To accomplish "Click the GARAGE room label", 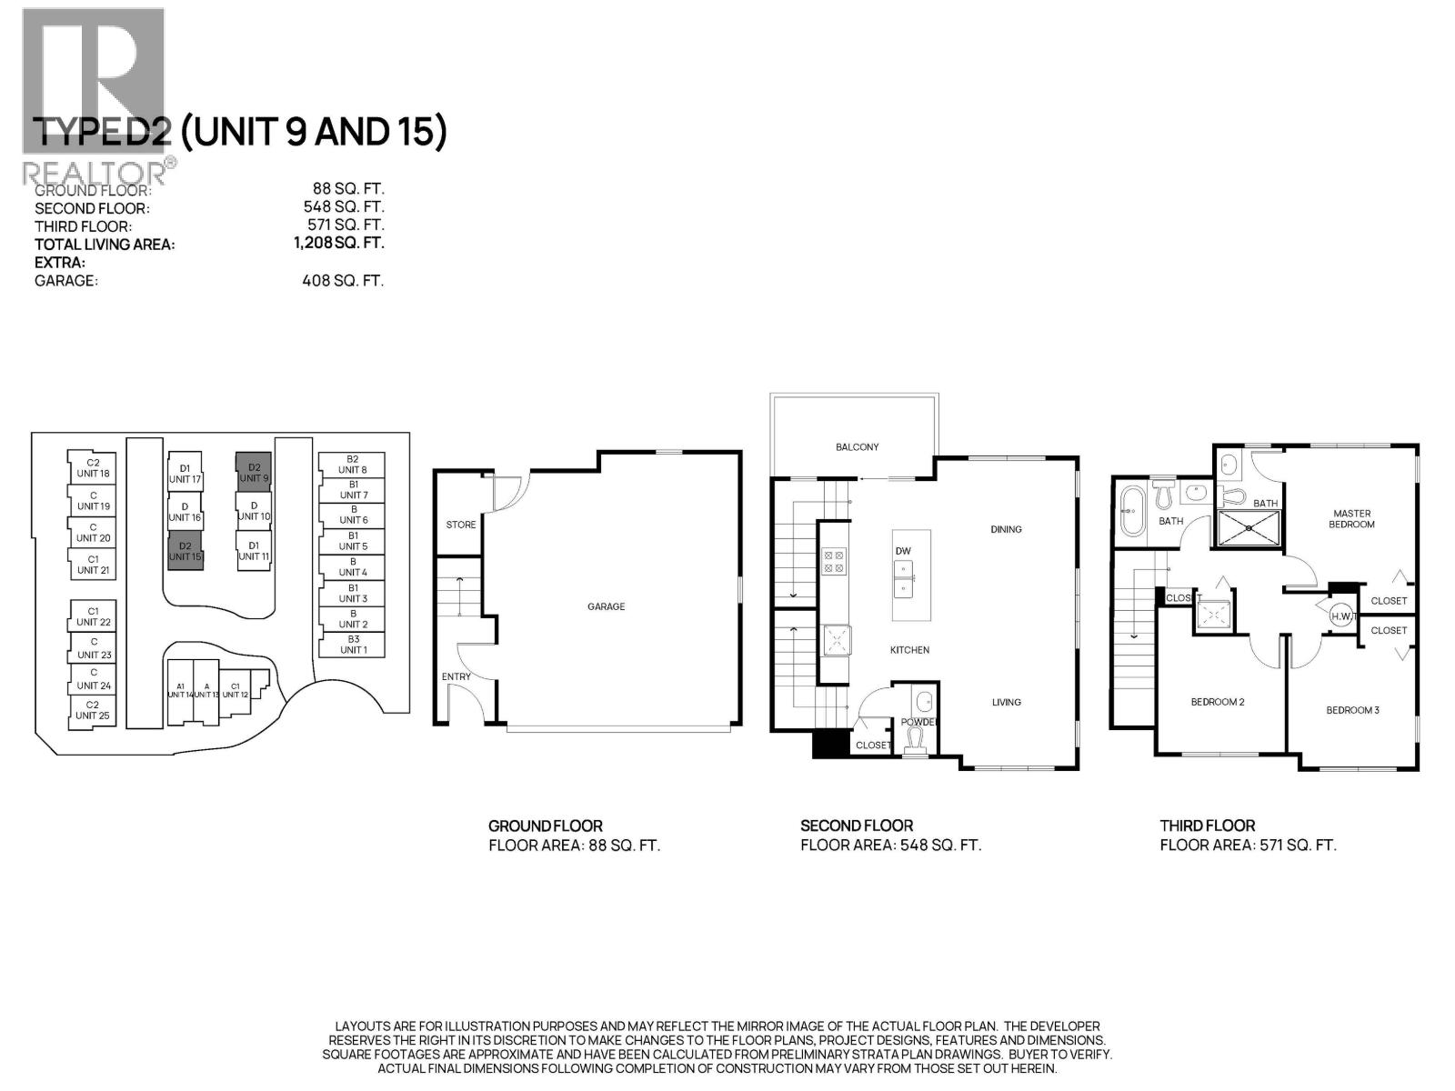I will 606,606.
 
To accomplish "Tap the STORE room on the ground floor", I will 460,525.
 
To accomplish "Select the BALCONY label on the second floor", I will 857,446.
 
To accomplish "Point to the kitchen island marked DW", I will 910,575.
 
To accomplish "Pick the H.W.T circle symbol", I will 1342,616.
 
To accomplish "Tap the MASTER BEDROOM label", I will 1351,518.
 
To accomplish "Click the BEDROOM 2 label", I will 1217,702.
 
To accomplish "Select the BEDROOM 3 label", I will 1352,710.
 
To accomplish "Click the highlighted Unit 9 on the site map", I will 254,472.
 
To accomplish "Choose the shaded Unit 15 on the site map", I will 186,551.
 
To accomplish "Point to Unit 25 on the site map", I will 93,710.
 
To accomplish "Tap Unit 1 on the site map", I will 353,645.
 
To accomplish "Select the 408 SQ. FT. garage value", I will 343,281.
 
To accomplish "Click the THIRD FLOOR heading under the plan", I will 1207,826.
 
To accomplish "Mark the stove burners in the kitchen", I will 834,561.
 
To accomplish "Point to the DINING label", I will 1006,529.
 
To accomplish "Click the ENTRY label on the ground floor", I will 456,676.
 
